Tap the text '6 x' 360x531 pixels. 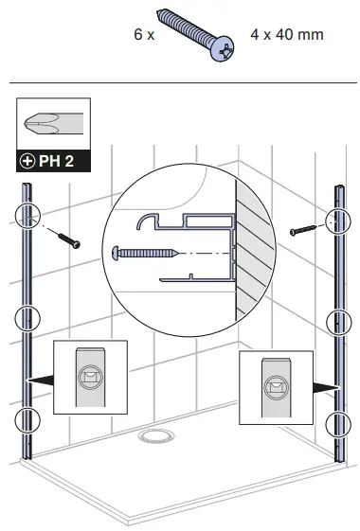coord(144,35)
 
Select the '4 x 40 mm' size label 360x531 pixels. coord(287,35)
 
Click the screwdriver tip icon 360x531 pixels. coord(53,123)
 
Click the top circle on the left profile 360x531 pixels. coord(28,216)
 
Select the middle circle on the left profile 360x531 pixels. coord(28,319)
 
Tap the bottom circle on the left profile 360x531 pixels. coord(28,419)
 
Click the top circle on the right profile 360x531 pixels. coord(337,221)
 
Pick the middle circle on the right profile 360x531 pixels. coord(338,322)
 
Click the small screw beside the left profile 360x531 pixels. coord(67,239)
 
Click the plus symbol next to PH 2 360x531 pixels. coord(27,161)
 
